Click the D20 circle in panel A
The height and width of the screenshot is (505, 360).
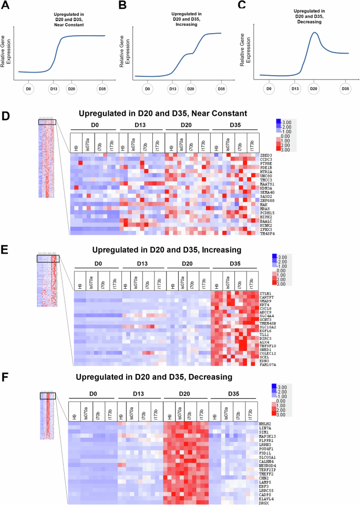point(71,89)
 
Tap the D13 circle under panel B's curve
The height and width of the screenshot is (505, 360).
point(172,89)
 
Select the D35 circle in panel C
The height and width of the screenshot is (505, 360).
point(345,89)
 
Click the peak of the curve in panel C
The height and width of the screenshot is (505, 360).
point(314,33)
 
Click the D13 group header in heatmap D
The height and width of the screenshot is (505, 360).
point(141,125)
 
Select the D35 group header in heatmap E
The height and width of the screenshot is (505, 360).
point(234,264)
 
